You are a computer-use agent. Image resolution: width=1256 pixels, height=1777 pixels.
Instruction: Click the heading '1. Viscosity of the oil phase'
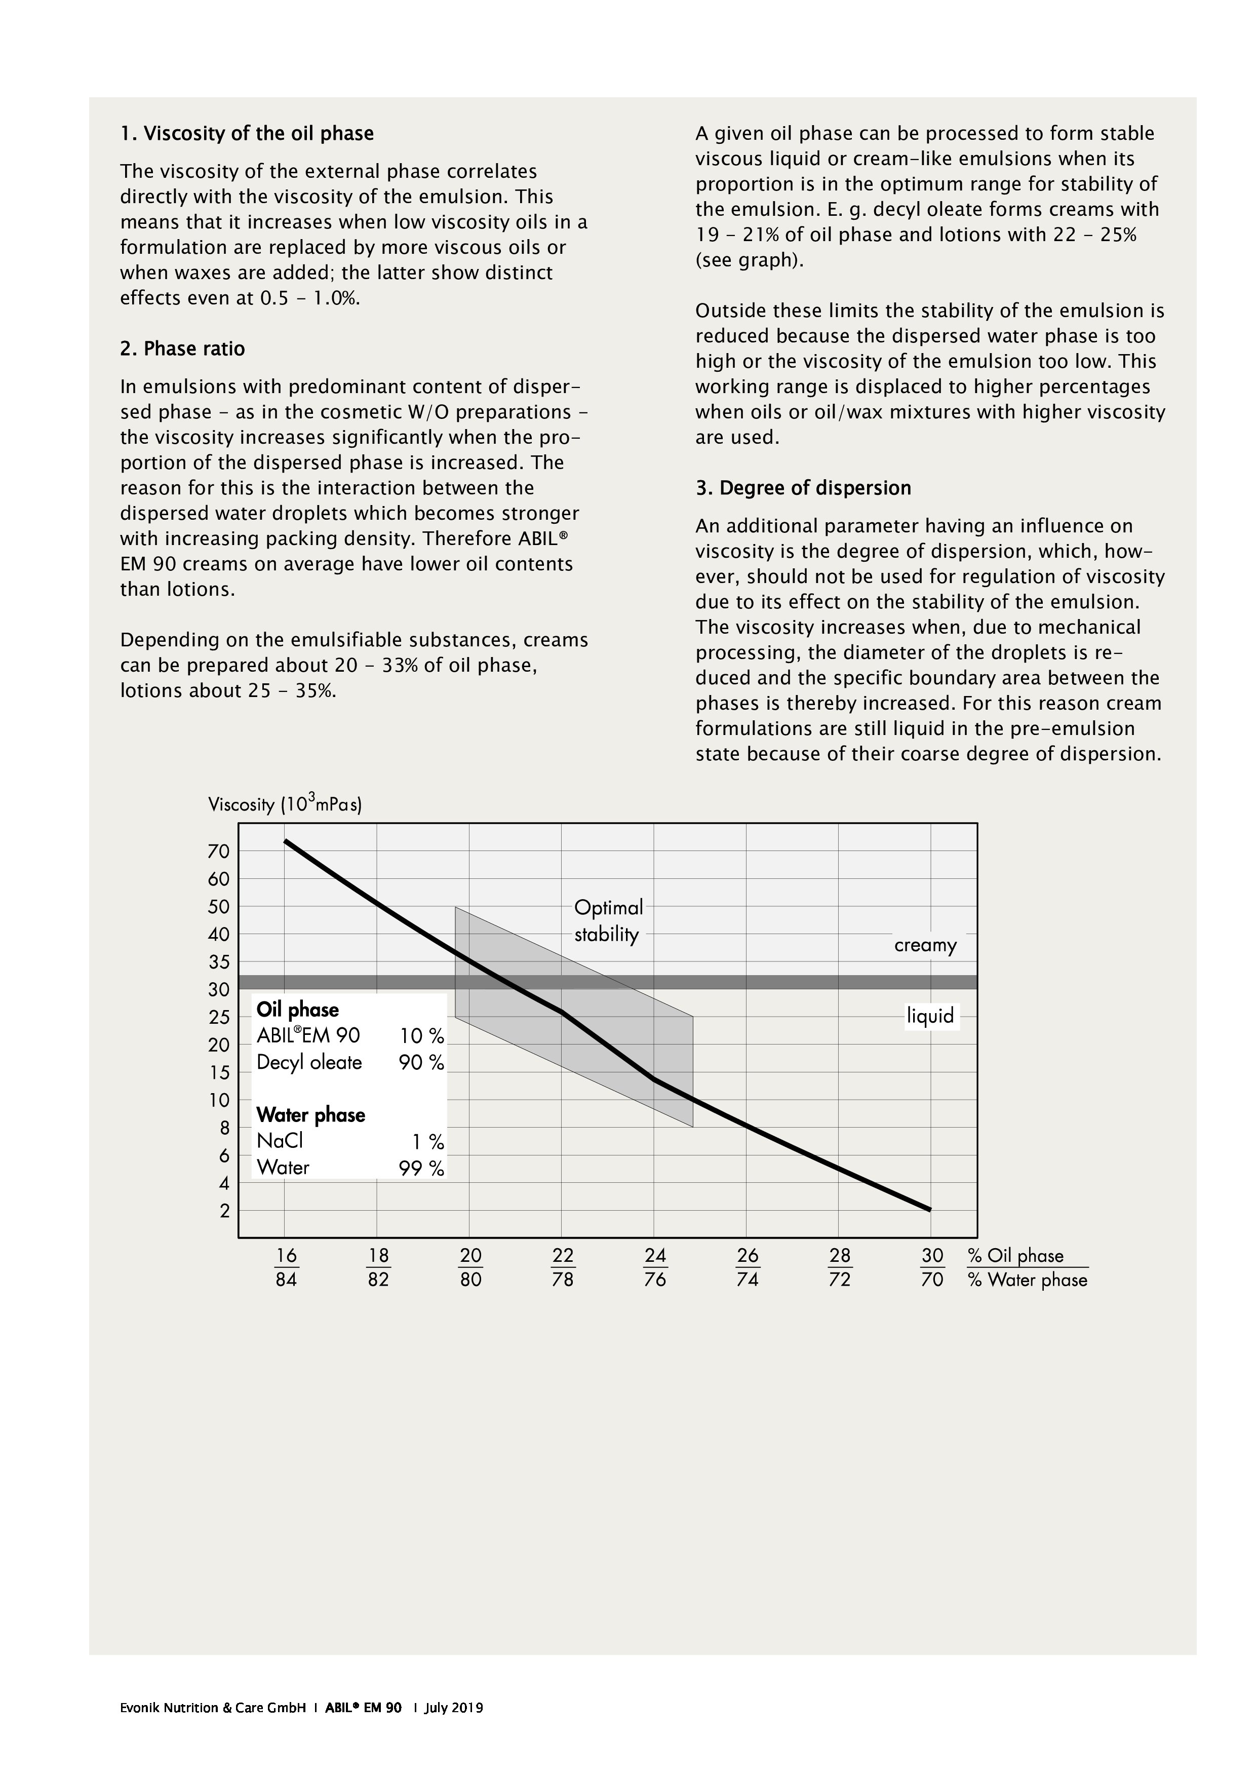[x=246, y=134]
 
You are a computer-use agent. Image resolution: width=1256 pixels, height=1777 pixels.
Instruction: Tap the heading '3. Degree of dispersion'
[x=803, y=488]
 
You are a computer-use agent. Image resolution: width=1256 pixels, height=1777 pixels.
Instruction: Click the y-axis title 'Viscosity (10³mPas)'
[x=284, y=803]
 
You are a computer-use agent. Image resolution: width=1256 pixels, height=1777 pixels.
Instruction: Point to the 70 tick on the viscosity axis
[x=219, y=852]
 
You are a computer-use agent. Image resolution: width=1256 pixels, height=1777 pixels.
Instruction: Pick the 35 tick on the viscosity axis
[x=219, y=962]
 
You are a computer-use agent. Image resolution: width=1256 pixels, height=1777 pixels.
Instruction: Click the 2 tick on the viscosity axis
[x=224, y=1211]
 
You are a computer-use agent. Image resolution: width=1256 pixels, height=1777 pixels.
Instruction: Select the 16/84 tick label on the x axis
[x=286, y=1267]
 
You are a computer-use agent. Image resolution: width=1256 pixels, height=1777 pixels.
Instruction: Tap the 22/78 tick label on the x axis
[x=563, y=1267]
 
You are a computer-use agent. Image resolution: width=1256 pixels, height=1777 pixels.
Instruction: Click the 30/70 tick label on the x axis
[x=932, y=1267]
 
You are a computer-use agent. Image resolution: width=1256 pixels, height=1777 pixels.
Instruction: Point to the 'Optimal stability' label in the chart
[x=608, y=921]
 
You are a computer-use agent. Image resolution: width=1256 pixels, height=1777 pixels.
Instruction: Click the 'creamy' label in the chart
[x=925, y=945]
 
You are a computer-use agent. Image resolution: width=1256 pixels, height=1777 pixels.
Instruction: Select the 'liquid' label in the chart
[x=930, y=1016]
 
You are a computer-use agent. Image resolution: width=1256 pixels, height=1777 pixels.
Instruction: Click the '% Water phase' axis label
[x=1027, y=1280]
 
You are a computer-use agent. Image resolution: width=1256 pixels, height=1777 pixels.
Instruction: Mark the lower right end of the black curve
[x=929, y=1209]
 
